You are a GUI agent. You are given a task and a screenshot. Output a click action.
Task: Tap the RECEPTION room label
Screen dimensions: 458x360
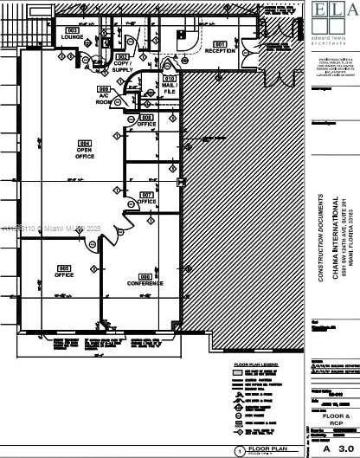click(x=220, y=50)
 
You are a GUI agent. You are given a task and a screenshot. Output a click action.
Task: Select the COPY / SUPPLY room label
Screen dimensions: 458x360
click(x=123, y=66)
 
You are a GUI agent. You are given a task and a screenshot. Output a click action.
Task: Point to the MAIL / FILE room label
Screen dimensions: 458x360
click(x=169, y=87)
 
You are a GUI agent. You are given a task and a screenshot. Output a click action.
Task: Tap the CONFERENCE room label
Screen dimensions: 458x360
click(x=145, y=282)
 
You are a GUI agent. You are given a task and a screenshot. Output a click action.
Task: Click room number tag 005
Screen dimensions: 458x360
click(x=63, y=268)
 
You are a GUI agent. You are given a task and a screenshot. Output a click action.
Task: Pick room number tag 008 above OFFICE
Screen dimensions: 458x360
click(x=146, y=117)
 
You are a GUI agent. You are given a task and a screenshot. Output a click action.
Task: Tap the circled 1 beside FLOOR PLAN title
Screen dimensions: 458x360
click(x=239, y=451)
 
